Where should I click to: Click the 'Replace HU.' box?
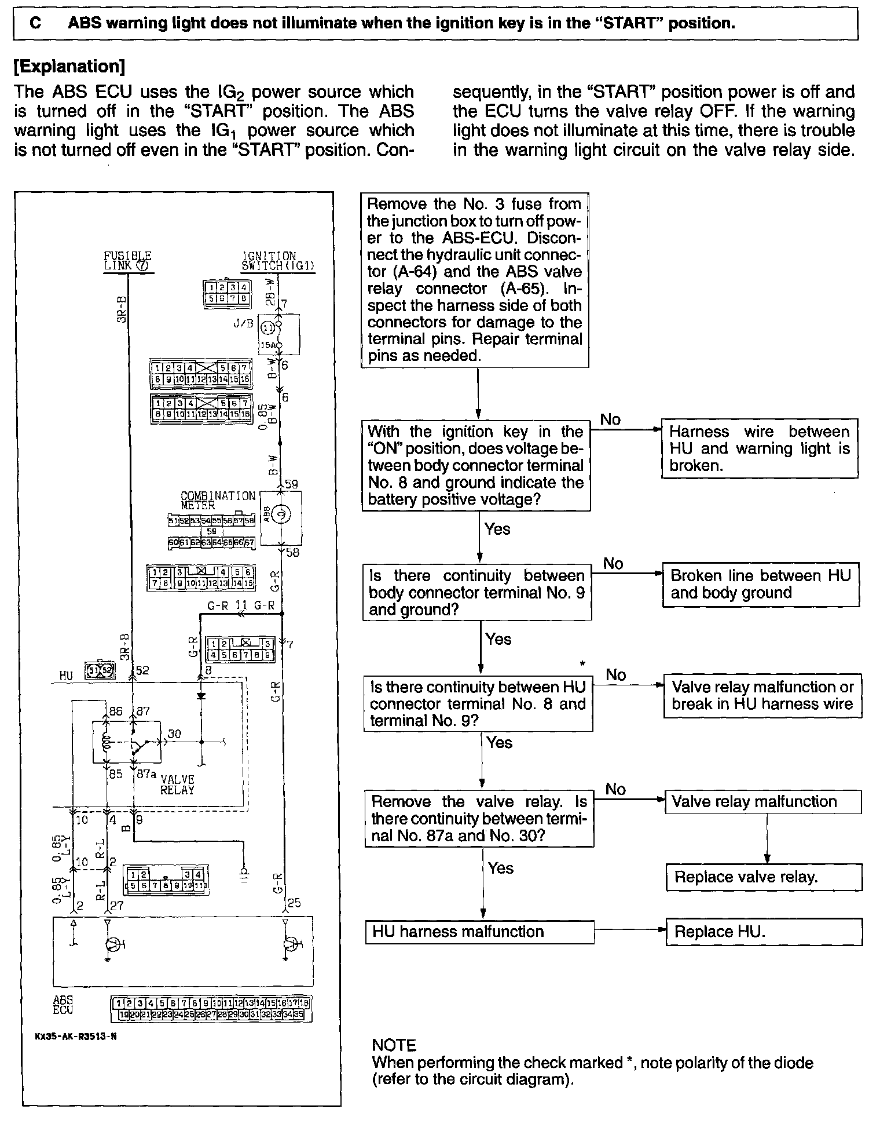764,932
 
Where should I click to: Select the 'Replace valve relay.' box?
764,877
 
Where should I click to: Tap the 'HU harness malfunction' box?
479,932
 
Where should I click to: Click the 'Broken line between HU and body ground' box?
760,584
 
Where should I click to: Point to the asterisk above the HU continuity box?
582,664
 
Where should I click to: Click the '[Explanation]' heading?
69,67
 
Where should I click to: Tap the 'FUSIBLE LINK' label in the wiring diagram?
127,261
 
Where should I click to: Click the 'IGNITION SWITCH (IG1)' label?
278,261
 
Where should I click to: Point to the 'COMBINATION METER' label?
218,501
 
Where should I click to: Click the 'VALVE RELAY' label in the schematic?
177,784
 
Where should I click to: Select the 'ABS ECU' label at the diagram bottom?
63,1005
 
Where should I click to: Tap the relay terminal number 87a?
146,773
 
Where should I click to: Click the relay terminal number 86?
116,711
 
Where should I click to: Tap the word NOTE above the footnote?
394,1045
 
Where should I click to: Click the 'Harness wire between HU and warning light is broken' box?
759,448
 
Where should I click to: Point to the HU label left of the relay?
67,676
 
